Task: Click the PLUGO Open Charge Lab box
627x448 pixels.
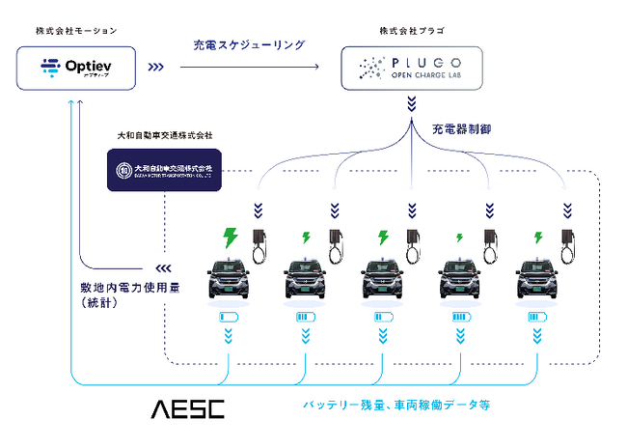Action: (x=412, y=67)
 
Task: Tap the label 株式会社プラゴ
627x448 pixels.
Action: (x=412, y=31)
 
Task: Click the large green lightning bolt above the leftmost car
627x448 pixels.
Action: (x=230, y=237)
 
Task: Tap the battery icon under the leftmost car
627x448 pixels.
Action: (x=230, y=318)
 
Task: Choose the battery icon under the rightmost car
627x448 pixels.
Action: (x=539, y=318)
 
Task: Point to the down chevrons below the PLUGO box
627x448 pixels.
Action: (x=412, y=103)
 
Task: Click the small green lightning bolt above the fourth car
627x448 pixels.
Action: (x=459, y=238)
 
